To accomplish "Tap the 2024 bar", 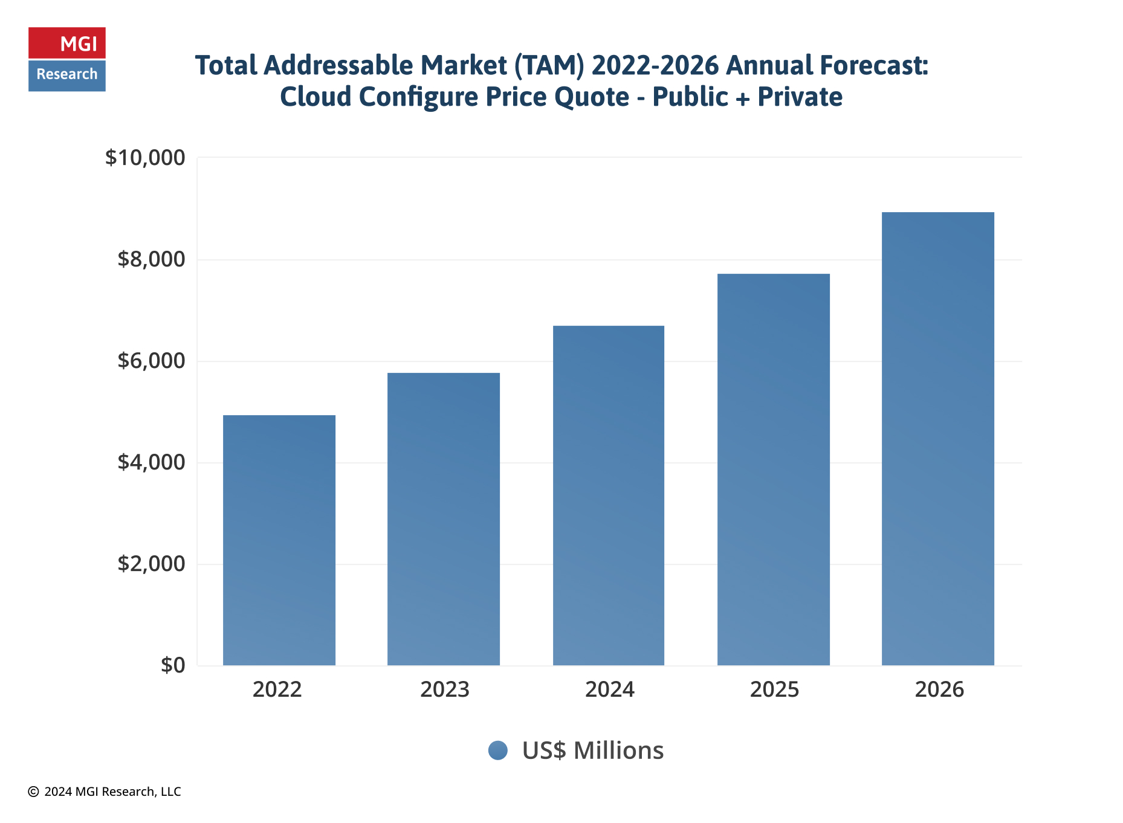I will tap(608, 495).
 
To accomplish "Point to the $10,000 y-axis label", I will tap(145, 158).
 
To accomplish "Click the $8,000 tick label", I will tap(151, 259).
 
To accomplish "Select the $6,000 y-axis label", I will tap(151, 361).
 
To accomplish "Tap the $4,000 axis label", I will tap(151, 462).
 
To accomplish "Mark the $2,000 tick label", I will tap(151, 564).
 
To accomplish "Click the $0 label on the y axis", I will tap(173, 665).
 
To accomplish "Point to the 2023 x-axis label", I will tap(444, 689).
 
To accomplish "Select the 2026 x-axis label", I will tap(939, 689).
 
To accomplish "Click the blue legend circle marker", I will tap(497, 750).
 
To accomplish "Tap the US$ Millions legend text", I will tap(592, 750).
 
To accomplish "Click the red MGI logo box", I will tap(67, 43).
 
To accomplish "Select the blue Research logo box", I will tap(67, 75).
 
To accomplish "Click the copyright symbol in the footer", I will tap(33, 792).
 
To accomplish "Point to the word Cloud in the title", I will tap(315, 97).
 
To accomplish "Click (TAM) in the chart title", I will tap(549, 65).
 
